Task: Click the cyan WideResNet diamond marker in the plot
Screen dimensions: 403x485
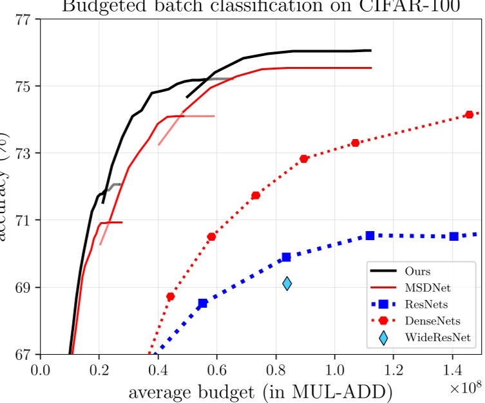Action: [x=287, y=283]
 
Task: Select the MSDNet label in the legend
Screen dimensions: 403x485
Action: [x=425, y=287]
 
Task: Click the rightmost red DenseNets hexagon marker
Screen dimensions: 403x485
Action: [x=469, y=115]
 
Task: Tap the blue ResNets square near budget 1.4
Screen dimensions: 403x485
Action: [x=453, y=236]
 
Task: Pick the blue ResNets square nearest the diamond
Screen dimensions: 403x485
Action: [x=286, y=258]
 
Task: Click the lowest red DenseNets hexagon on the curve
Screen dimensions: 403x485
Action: [x=170, y=297]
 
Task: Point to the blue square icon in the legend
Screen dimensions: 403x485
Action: [x=383, y=303]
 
